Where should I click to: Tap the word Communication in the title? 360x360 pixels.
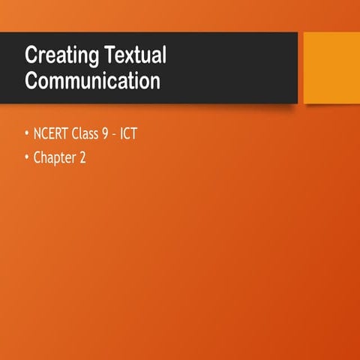click(x=92, y=80)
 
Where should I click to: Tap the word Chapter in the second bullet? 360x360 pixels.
click(x=55, y=158)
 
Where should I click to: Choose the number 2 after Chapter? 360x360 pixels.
click(x=82, y=158)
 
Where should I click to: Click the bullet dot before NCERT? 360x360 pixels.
click(x=27, y=136)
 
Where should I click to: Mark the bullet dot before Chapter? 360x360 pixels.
click(x=27, y=159)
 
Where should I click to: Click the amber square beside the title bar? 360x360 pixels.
click(x=331, y=67)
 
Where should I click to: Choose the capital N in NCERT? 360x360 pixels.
click(x=37, y=136)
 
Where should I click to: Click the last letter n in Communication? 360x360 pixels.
click(x=155, y=82)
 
